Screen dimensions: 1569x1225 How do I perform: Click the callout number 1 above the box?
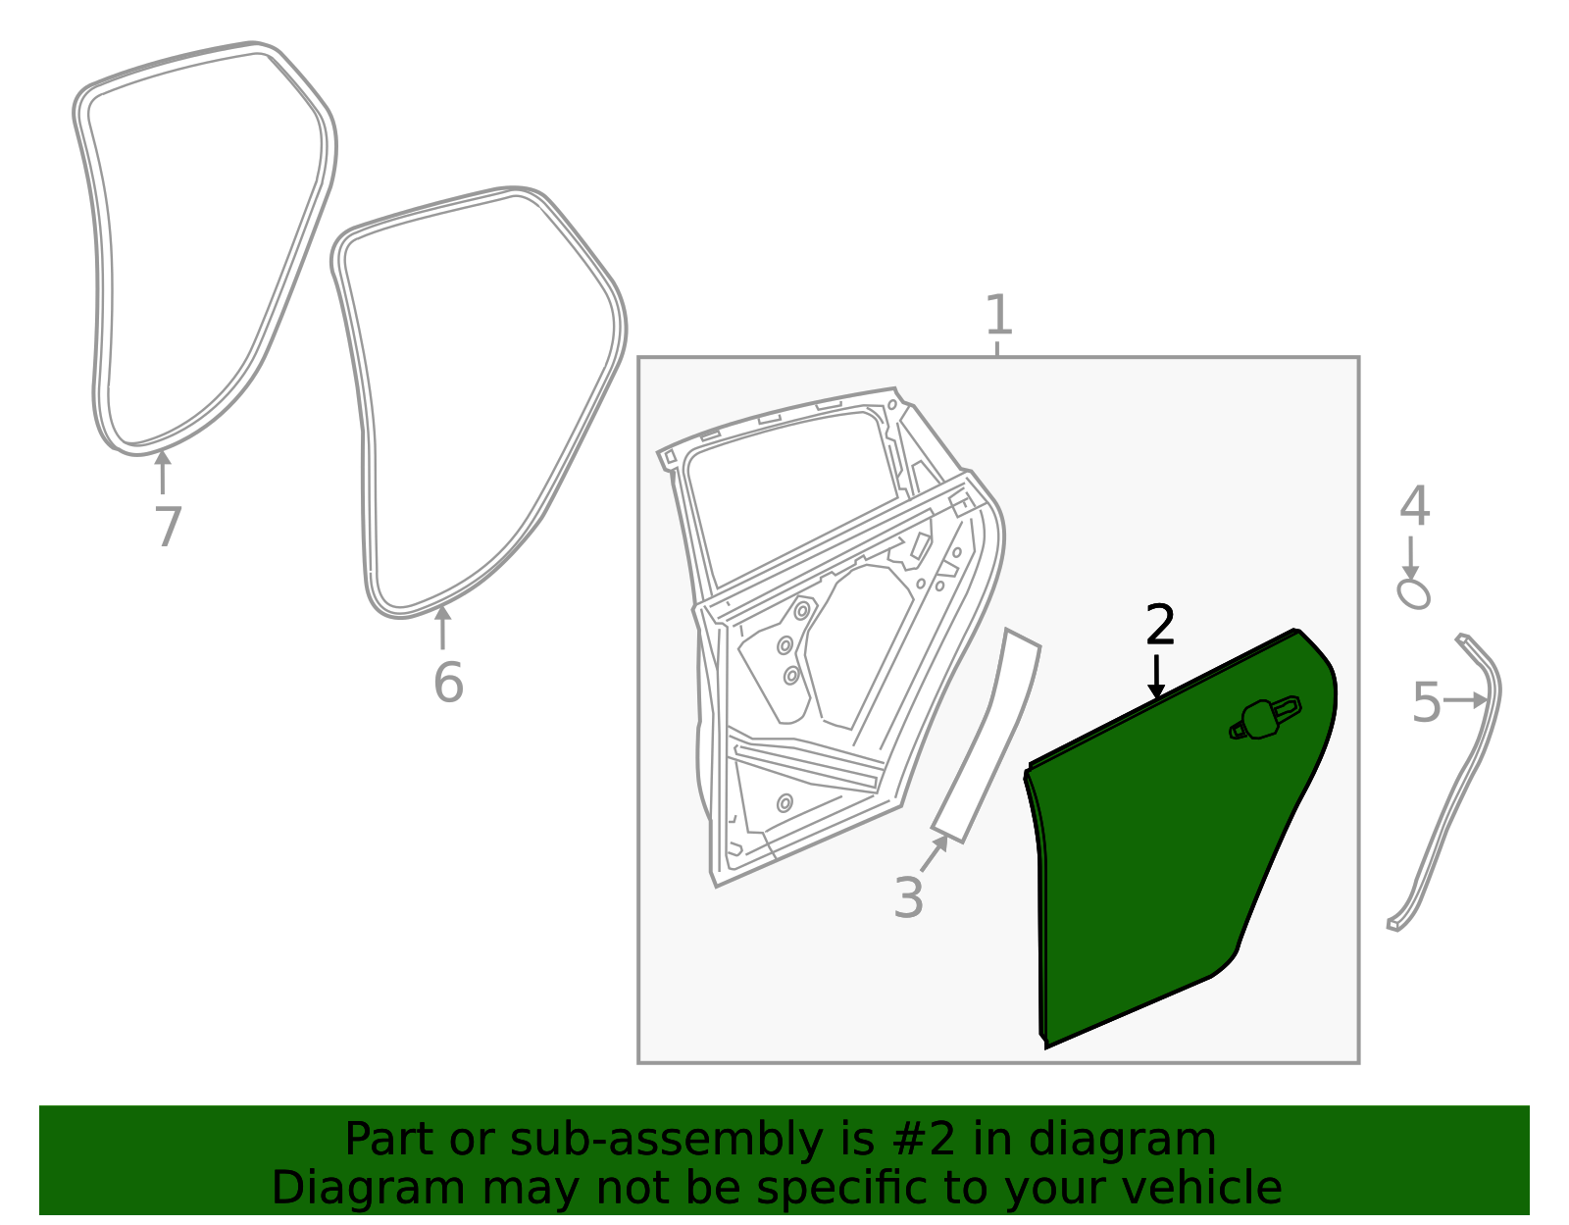998,315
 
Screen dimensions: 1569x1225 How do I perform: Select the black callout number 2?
1160,625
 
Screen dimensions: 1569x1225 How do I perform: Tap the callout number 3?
908,897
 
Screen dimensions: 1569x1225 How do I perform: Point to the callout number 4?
1414,505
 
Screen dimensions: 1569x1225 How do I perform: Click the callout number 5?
1426,702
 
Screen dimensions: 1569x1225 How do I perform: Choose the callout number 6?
448,683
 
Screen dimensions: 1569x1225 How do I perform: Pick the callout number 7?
168,527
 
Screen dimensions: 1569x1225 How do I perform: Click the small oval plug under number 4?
1413,594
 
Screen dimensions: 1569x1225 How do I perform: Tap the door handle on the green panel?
1265,719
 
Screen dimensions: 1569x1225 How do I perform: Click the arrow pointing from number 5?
1465,700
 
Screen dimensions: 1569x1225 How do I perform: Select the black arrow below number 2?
1157,677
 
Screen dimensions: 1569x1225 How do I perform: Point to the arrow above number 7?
163,472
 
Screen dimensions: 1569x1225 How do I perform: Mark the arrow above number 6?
442,628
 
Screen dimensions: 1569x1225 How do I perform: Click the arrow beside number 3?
935,852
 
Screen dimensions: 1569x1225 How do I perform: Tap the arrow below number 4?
1410,557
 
